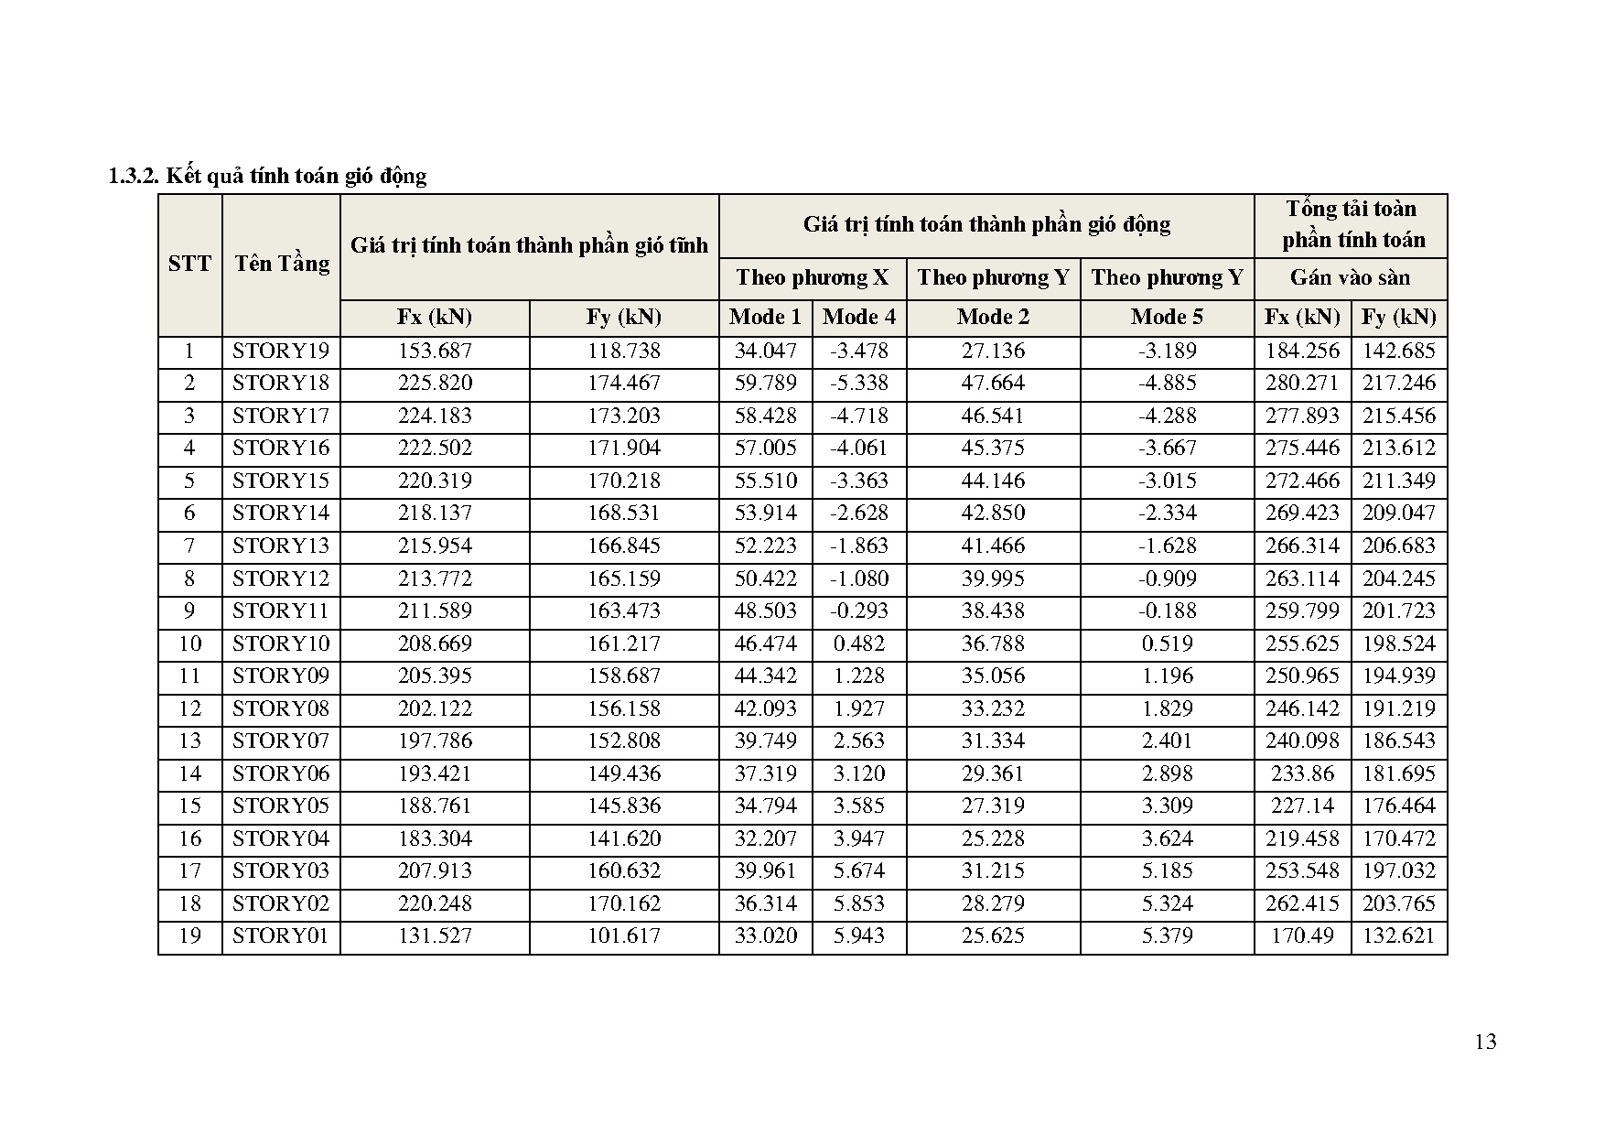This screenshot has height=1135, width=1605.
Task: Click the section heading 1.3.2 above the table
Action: point(267,176)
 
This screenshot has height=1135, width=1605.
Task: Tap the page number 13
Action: point(1486,1042)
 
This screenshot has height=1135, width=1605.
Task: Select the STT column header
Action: point(189,265)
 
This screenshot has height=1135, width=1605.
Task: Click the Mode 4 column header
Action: point(858,318)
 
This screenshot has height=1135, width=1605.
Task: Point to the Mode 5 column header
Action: point(1167,318)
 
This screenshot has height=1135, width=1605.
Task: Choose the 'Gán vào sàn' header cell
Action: point(1350,278)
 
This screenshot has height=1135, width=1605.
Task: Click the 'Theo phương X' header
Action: point(812,278)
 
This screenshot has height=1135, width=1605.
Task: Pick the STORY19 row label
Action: point(280,351)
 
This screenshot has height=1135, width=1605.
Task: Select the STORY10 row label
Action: point(280,644)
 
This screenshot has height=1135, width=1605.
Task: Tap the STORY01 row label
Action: point(280,936)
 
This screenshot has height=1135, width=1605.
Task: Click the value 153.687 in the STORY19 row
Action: point(435,351)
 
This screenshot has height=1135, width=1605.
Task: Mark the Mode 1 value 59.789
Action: point(766,384)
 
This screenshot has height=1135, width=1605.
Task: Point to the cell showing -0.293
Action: point(858,611)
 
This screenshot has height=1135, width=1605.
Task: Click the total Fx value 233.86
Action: point(1302,774)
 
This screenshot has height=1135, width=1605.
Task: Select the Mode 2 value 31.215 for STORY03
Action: point(993,871)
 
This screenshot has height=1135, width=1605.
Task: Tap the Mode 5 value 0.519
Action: point(1167,644)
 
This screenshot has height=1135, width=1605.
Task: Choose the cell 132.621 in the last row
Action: point(1398,936)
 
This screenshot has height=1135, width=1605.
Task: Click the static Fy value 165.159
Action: point(623,579)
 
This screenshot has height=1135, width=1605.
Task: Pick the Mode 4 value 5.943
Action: point(858,936)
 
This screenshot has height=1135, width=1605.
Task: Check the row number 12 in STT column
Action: point(189,709)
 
